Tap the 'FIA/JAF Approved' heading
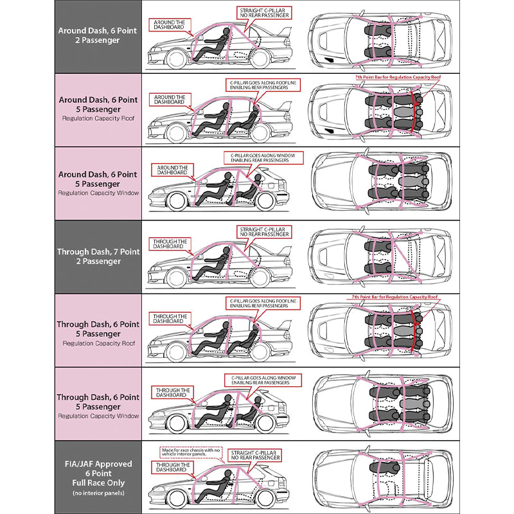(98, 463)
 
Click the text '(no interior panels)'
(98, 493)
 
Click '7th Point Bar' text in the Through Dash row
(394, 297)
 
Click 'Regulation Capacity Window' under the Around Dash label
(98, 193)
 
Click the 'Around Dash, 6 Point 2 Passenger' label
(98, 35)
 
